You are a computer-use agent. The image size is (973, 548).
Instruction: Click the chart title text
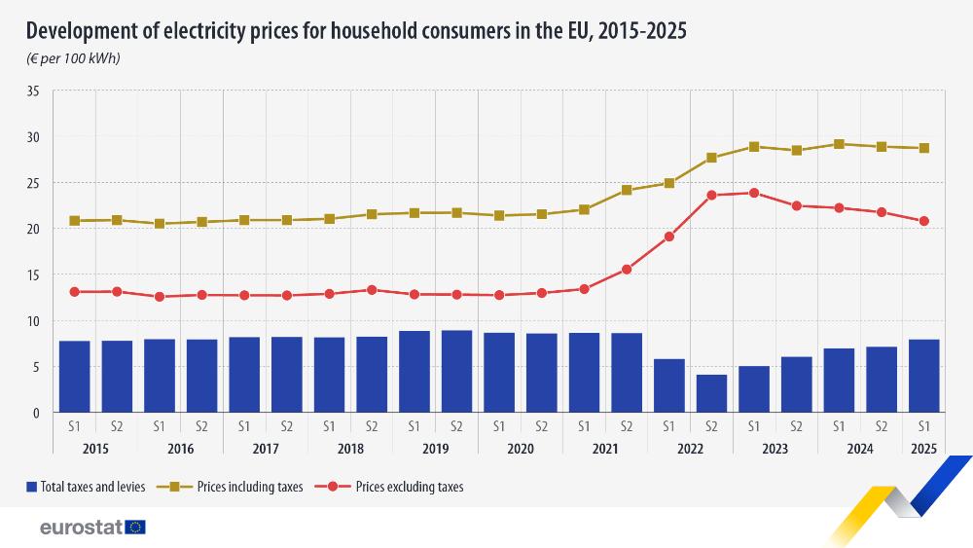(356, 31)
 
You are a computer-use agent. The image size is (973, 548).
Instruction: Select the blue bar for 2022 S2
(711, 393)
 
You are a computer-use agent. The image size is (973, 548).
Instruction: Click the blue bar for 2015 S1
(74, 377)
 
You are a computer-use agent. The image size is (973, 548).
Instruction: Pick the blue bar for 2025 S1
(923, 376)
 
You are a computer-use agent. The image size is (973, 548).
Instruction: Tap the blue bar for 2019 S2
(456, 371)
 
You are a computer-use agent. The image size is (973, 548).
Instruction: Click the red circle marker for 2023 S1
(754, 193)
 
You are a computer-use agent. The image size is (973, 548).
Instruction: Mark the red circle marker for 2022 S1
(669, 237)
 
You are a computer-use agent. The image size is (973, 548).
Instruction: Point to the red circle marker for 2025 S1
(923, 221)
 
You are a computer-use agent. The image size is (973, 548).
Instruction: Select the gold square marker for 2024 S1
(839, 144)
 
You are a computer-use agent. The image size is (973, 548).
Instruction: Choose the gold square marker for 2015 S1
(75, 221)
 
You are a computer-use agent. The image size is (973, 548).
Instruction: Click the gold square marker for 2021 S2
(627, 190)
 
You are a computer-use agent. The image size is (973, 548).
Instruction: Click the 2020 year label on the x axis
(521, 449)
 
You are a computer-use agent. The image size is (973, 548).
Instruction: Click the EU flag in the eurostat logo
(135, 528)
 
